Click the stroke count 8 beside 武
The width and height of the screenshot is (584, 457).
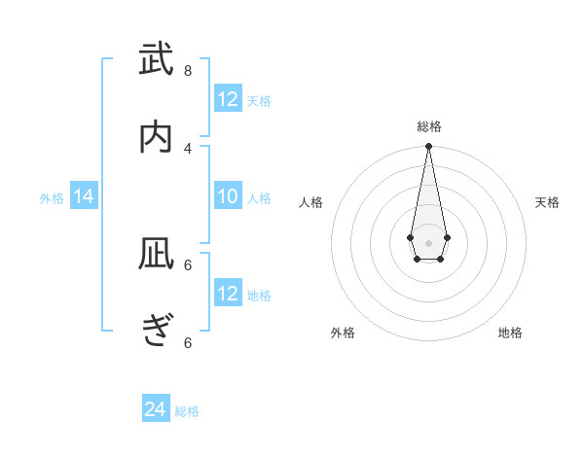tap(188, 70)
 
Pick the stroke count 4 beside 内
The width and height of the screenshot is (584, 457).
tap(188, 148)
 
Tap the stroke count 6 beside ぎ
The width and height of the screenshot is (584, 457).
tap(188, 342)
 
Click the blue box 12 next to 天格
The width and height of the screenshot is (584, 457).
tap(228, 99)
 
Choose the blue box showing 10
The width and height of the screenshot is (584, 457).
tap(228, 196)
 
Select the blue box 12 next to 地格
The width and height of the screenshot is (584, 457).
tap(228, 294)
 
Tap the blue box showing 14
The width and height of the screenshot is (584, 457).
tap(84, 196)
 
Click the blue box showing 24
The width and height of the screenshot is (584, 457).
tap(156, 409)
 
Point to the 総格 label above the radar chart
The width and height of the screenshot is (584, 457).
tap(428, 126)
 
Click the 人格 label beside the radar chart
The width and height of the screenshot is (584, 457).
tap(310, 202)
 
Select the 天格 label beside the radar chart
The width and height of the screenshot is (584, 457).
tap(547, 202)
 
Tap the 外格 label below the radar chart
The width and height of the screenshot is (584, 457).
tap(343, 333)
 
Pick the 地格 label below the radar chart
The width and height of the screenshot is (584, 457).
tap(510, 333)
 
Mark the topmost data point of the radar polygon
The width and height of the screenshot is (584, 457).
tap(428, 147)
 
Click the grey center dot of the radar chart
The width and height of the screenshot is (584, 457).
tap(428, 242)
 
